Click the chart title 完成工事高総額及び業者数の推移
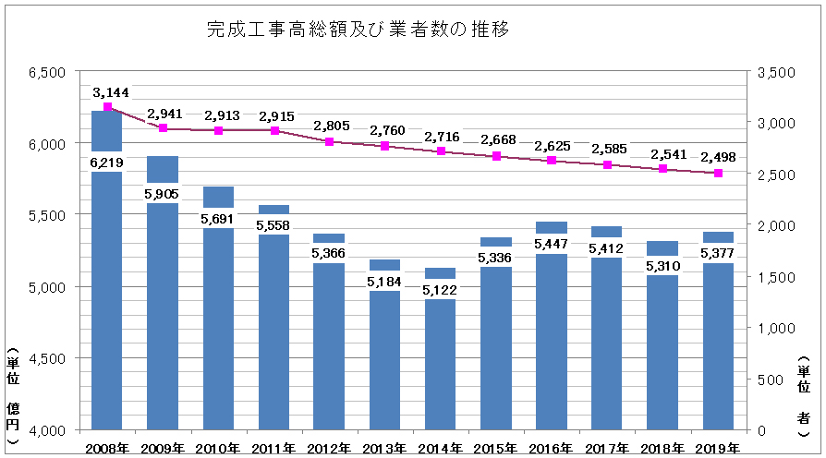359,30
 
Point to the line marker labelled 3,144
107,107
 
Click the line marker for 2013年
385,146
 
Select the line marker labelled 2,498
718,173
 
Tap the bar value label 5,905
163,195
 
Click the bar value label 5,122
441,290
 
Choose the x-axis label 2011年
273,448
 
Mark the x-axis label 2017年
607,448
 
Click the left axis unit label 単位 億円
12,396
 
